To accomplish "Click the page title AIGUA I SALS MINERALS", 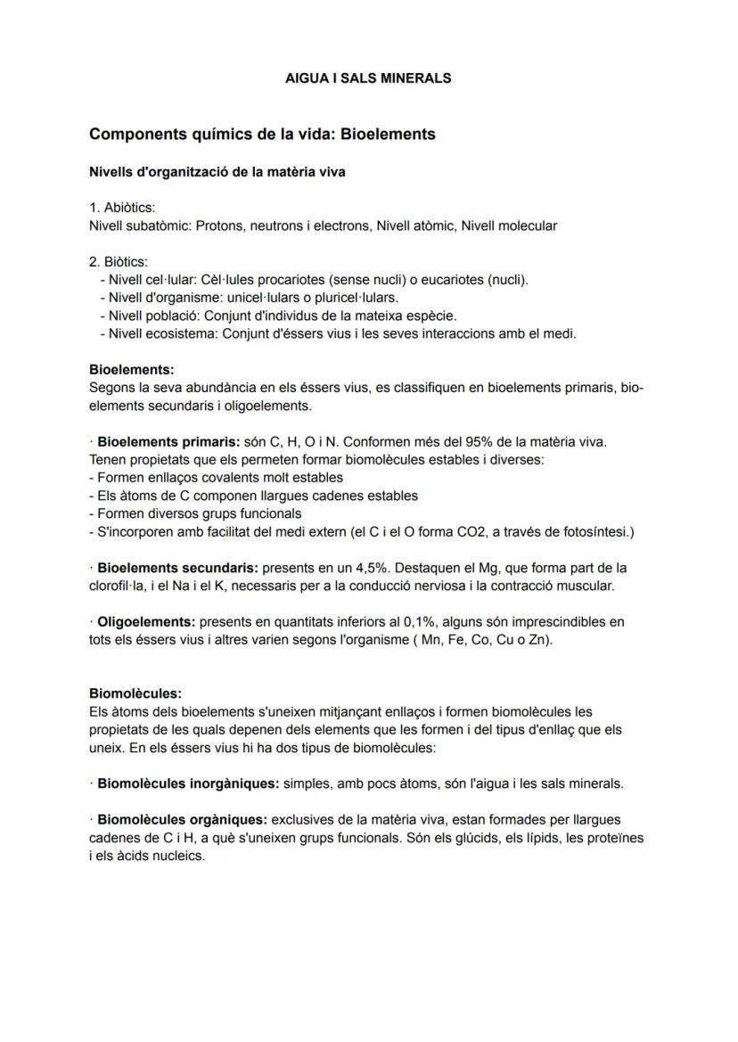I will point(367,78).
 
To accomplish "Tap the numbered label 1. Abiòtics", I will point(122,208).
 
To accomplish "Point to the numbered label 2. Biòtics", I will point(119,261).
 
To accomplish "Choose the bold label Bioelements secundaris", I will point(177,568).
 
